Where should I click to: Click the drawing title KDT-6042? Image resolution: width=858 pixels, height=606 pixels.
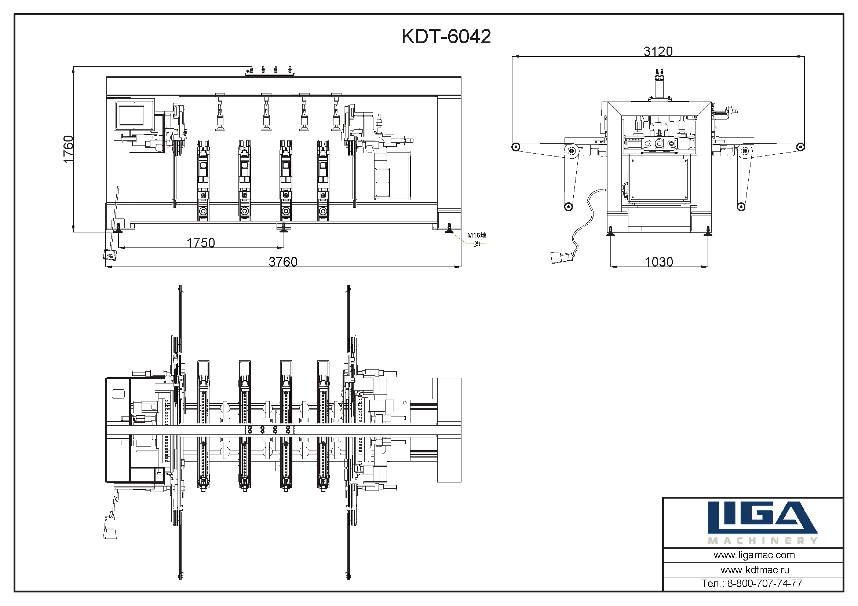pos(446,37)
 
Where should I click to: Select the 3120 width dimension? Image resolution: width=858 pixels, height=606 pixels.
pos(658,51)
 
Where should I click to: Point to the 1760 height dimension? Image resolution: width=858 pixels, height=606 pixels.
pos(68,149)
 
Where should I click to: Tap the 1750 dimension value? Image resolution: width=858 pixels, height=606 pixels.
pos(201,243)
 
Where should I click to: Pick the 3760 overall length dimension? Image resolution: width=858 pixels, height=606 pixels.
pos(283,262)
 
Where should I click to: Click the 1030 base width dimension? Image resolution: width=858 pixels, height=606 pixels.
pos(659,262)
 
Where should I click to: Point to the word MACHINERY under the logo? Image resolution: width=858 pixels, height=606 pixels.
pos(763,540)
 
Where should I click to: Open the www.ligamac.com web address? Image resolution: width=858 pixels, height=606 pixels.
pos(754,555)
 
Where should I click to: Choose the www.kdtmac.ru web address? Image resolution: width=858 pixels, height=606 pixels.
pos(755,570)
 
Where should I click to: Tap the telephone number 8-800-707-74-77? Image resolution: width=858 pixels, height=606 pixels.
pos(764,583)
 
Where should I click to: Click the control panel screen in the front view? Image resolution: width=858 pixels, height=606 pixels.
pos(131,115)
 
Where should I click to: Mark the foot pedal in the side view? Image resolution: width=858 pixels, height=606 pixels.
pos(561,257)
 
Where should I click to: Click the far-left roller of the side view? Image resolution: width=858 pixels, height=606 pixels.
pos(516,147)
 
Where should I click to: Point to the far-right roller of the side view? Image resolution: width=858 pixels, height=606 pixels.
pos(800,147)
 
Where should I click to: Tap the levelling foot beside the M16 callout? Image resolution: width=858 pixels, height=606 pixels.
pos(449,228)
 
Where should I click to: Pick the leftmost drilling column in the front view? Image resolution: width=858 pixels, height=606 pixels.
pos(203,181)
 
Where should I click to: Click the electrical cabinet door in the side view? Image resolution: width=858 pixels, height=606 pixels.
pos(659,179)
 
